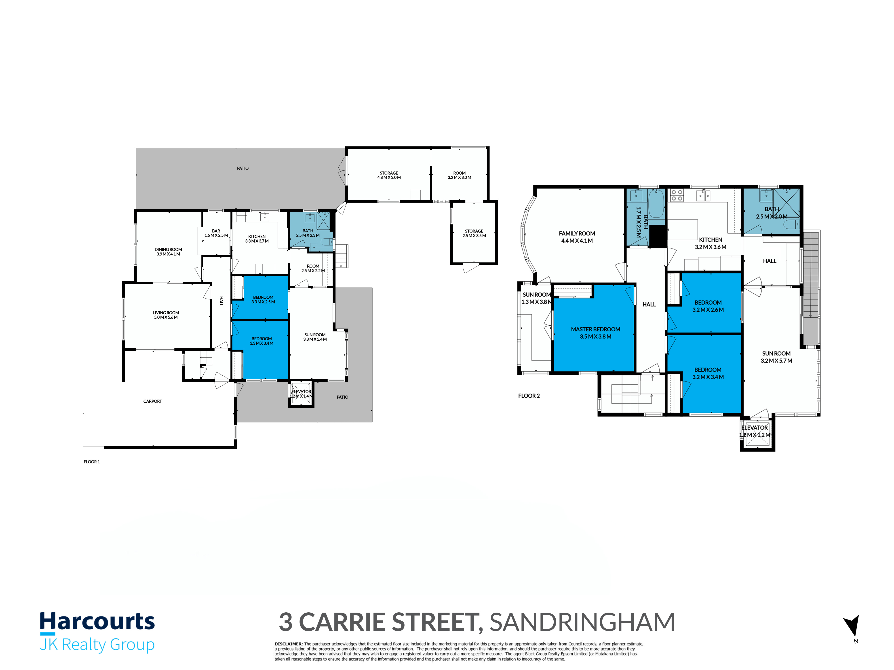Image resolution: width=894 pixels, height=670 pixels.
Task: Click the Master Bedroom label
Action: [x=595, y=333]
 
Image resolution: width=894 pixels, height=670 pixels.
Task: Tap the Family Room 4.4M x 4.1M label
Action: [x=577, y=237]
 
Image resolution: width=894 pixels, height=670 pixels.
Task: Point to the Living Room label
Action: [x=166, y=315]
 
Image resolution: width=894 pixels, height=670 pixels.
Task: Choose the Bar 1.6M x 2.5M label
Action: [x=216, y=233]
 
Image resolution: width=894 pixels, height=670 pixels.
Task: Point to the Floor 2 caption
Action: [x=529, y=396]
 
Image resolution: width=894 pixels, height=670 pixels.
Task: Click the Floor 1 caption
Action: [x=92, y=462]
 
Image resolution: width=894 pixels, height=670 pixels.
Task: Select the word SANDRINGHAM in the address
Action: [x=582, y=622]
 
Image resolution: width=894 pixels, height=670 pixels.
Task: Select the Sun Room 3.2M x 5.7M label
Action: [x=776, y=357]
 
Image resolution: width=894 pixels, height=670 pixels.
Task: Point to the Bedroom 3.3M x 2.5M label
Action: [x=263, y=299]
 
